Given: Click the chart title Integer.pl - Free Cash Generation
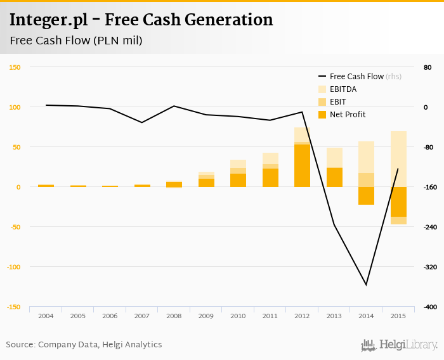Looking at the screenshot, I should click(x=141, y=20).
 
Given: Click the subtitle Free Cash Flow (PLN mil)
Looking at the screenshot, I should click(x=76, y=41).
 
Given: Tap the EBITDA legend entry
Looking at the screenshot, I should click(x=343, y=89).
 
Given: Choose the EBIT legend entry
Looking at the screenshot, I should click(x=337, y=102).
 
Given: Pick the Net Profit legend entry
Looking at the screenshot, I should click(x=348, y=115).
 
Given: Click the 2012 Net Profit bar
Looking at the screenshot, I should click(x=302, y=165).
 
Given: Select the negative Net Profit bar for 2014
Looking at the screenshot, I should click(x=366, y=196).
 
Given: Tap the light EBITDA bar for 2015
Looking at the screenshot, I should click(x=398, y=158).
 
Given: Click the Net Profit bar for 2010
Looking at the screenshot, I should click(x=238, y=180).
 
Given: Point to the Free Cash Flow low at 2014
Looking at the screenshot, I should click(x=366, y=285).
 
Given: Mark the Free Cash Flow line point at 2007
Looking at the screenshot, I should click(x=141, y=122).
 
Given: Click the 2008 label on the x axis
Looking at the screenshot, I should click(x=174, y=316).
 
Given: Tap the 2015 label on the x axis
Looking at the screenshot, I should click(x=398, y=316).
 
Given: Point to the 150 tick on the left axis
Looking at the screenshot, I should click(x=15, y=67).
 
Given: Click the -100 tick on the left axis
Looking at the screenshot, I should click(x=13, y=267).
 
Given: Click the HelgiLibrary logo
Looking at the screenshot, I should click(x=400, y=345).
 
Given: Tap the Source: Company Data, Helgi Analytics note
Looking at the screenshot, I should click(x=84, y=345).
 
